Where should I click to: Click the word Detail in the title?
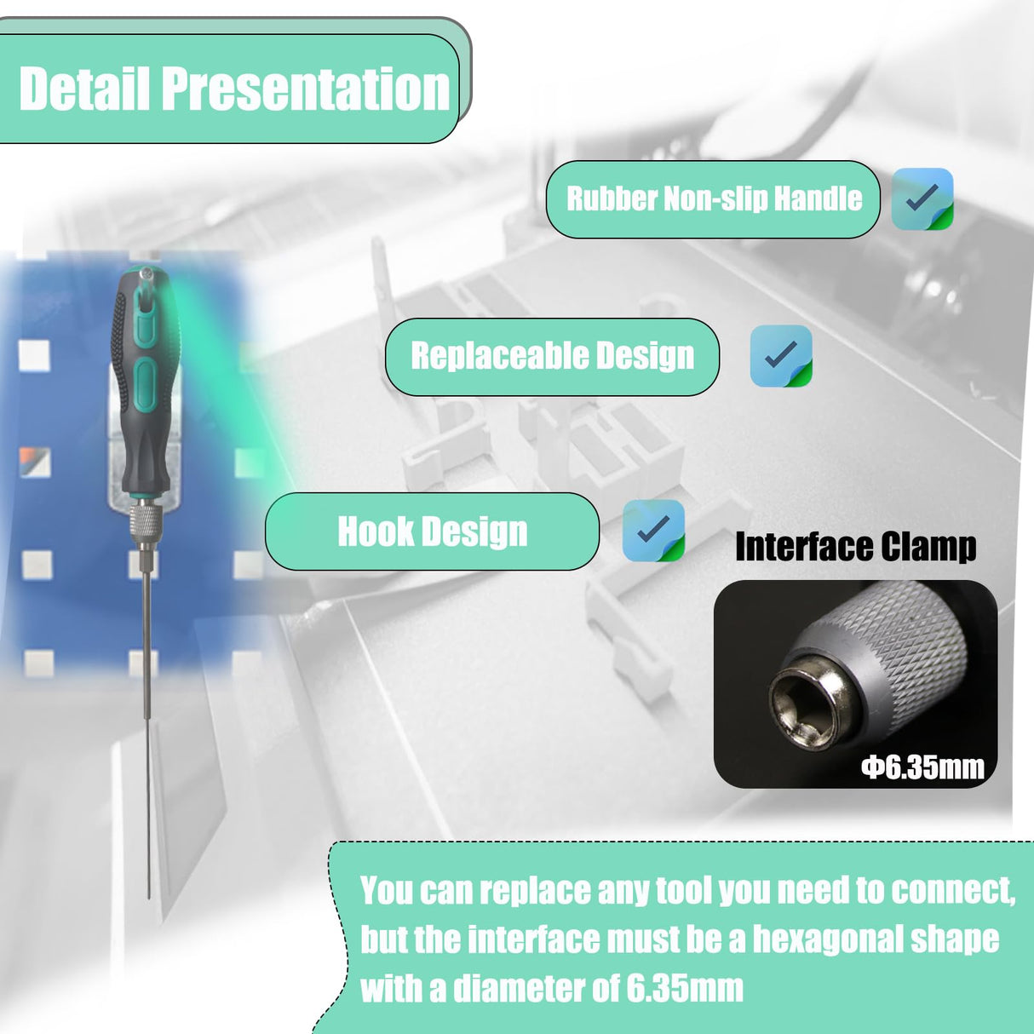(84, 89)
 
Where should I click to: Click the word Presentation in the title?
(305, 89)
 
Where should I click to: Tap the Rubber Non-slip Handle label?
(714, 199)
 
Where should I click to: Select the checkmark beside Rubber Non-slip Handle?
(922, 199)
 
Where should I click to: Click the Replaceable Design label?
(552, 356)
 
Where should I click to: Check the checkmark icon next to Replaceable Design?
(781, 356)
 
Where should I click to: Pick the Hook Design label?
(432, 531)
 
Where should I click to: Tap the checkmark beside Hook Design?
(653, 530)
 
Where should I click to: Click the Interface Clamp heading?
(855, 547)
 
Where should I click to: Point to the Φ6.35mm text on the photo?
(923, 767)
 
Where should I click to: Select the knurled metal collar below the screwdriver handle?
(145, 517)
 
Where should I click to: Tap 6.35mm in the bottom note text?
(686, 988)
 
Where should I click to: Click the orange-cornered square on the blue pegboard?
(35, 462)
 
